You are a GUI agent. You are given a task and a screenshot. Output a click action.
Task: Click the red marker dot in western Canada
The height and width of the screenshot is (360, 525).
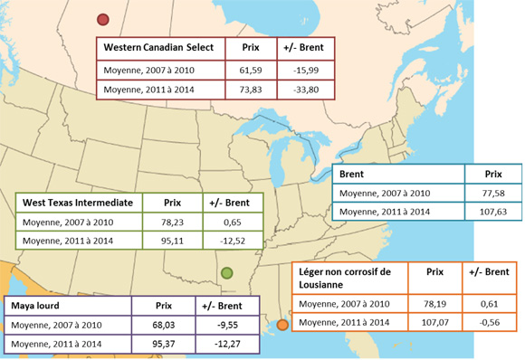[103, 20]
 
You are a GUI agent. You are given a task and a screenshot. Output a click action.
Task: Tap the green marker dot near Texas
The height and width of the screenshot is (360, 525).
[226, 273]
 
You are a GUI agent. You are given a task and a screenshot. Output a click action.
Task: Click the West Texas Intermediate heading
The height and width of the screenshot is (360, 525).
[77, 203]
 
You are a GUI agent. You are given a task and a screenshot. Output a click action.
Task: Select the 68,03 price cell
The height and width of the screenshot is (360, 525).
[163, 324]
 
